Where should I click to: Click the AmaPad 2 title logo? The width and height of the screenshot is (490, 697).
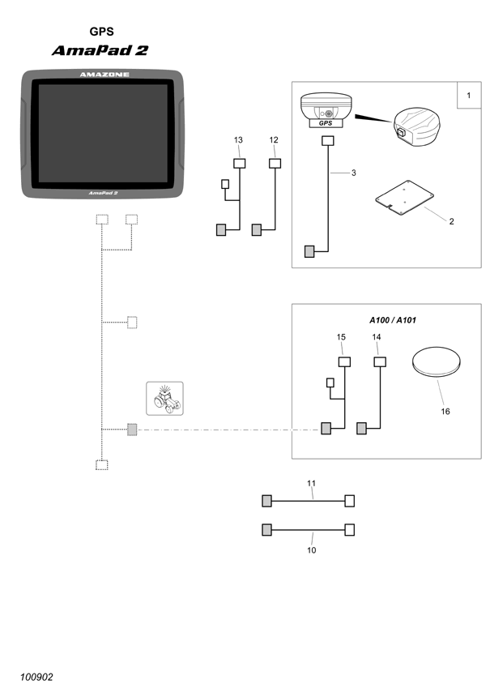(x=100, y=50)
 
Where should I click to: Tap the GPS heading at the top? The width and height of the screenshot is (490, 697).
(x=102, y=32)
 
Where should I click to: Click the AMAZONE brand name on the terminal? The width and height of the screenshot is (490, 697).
(x=104, y=75)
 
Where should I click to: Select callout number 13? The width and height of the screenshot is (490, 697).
(x=239, y=140)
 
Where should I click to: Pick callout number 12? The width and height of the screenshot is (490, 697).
(x=274, y=140)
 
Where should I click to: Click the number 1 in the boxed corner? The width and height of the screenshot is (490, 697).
(x=469, y=95)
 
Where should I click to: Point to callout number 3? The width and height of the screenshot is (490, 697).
(x=354, y=173)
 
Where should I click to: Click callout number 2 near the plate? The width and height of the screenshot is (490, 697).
(x=451, y=221)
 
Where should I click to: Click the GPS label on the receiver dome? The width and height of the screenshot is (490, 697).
(x=326, y=123)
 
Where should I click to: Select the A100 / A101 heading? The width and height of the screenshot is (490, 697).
(x=393, y=320)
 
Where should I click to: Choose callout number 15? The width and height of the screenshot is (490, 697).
(x=341, y=337)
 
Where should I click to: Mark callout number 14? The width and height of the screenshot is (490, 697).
(x=377, y=337)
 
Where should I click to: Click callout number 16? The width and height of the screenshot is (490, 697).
(x=445, y=412)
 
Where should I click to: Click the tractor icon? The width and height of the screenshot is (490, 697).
(x=164, y=398)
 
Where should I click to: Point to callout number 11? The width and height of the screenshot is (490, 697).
(x=312, y=483)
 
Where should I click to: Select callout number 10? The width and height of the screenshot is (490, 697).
(x=312, y=550)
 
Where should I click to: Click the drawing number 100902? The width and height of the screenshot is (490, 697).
(x=36, y=677)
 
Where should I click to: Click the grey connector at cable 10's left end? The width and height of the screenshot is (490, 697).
(x=266, y=530)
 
